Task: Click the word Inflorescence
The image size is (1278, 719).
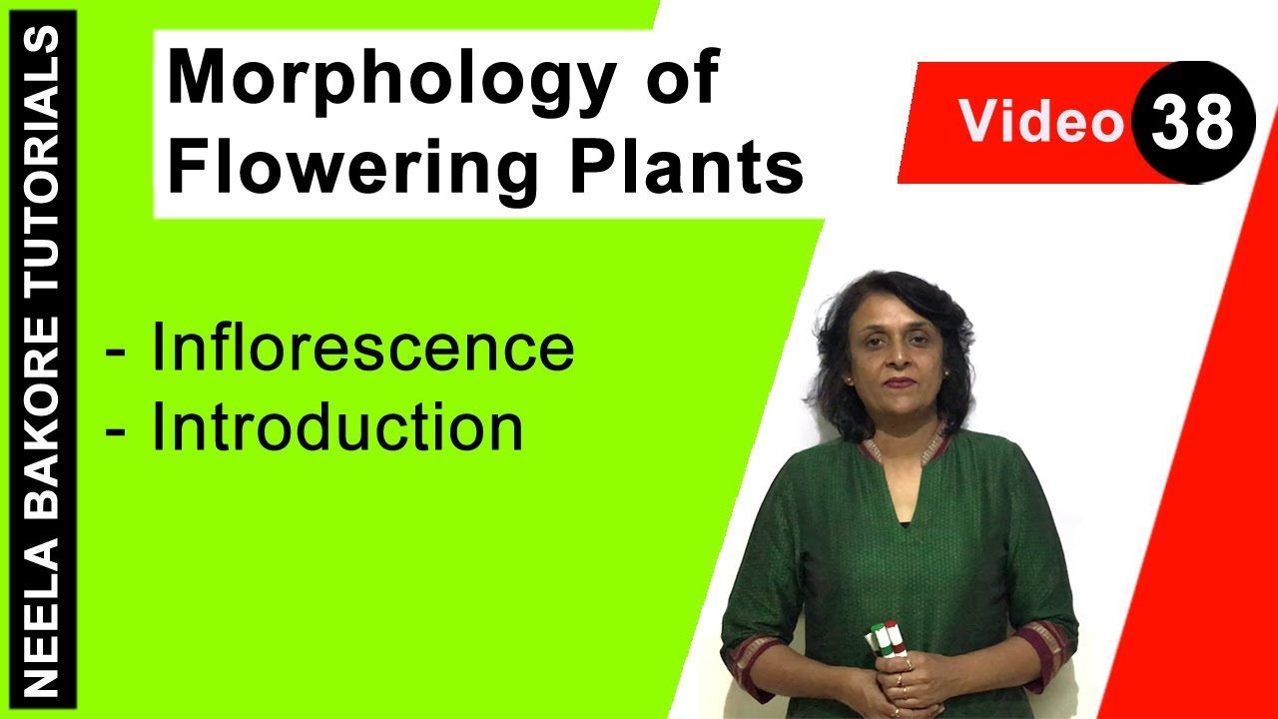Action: [362, 349]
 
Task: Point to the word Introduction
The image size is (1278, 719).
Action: [337, 428]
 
